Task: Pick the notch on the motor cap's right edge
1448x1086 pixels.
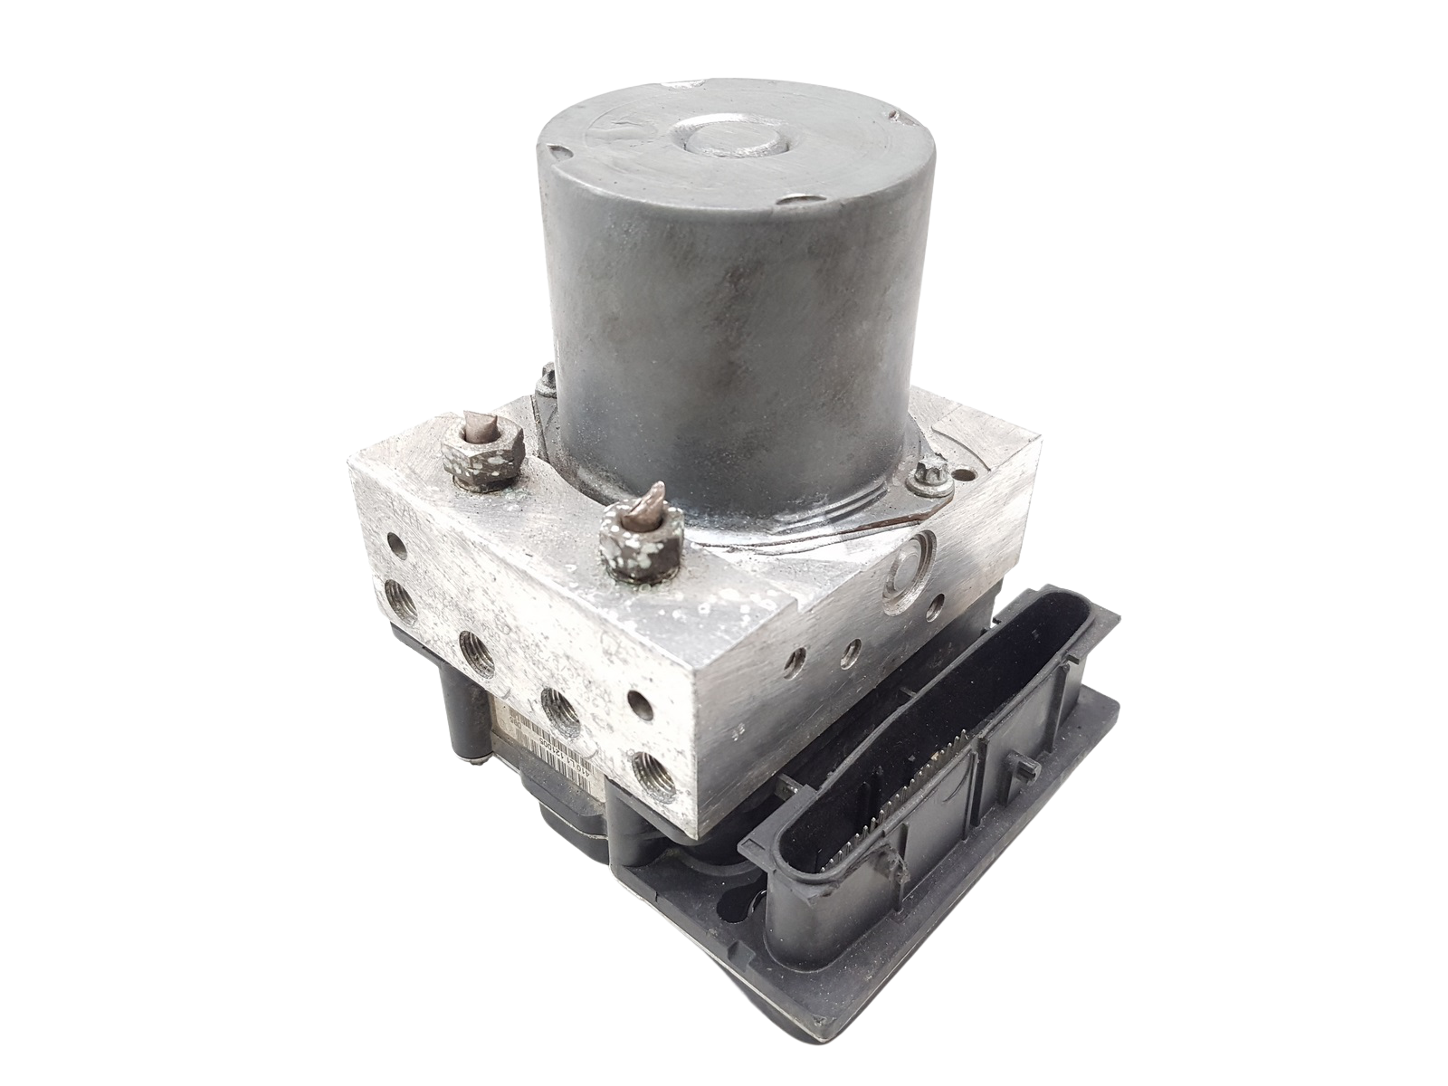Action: point(897,118)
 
